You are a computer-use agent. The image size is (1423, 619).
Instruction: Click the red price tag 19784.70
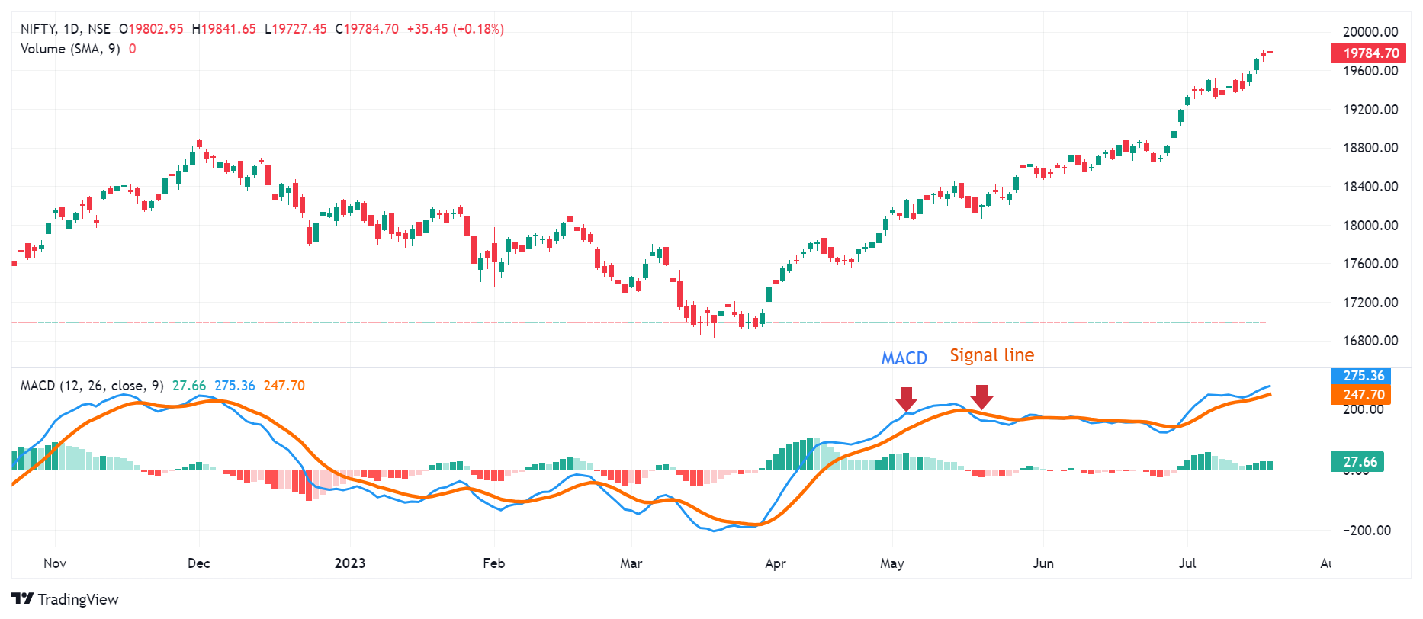click(1370, 53)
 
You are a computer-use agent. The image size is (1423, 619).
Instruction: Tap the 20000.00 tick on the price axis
click(1370, 31)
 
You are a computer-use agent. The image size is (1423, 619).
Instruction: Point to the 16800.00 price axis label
click(1370, 341)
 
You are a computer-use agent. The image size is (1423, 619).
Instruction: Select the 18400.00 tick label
click(1370, 186)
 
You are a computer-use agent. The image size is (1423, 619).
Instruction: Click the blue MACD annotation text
click(904, 358)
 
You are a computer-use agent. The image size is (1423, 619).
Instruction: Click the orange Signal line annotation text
click(991, 355)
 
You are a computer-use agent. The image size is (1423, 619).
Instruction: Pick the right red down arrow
click(981, 396)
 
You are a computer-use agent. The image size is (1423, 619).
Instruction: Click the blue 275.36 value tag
click(1362, 376)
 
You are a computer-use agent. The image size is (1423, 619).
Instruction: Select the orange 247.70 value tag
click(1362, 395)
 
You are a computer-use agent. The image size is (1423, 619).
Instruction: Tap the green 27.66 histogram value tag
click(1359, 462)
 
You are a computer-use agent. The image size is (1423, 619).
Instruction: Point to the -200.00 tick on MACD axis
click(1367, 531)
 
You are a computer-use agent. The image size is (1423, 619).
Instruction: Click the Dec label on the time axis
click(198, 563)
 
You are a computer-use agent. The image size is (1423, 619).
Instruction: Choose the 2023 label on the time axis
click(350, 563)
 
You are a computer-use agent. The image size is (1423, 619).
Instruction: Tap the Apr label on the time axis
click(775, 563)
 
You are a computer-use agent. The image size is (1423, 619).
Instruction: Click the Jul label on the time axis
click(1187, 563)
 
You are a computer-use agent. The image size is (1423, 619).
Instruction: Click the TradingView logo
click(65, 599)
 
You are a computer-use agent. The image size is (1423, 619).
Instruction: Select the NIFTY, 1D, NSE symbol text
click(65, 29)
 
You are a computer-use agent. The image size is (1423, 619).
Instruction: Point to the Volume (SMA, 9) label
click(69, 49)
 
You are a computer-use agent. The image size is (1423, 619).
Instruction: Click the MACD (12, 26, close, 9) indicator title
click(92, 386)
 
